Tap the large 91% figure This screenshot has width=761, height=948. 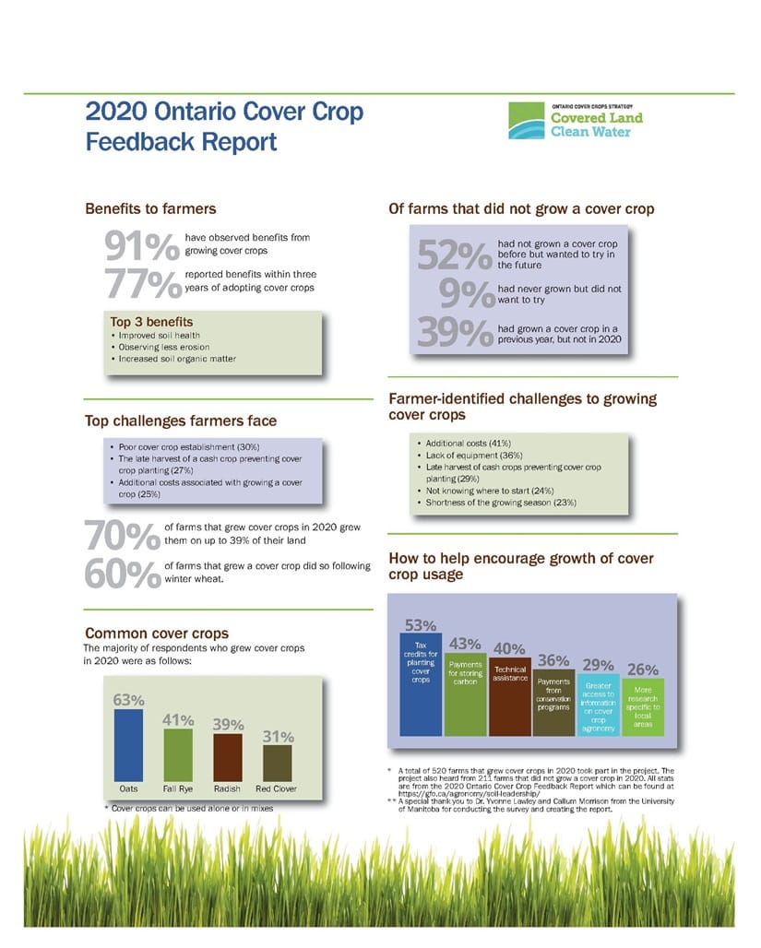142,246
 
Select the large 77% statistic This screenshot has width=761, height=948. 142,284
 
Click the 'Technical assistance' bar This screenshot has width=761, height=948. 509,697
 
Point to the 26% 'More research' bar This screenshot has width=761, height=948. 643,706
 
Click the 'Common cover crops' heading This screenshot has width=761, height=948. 157,633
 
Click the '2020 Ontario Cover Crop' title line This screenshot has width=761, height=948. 224,113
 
